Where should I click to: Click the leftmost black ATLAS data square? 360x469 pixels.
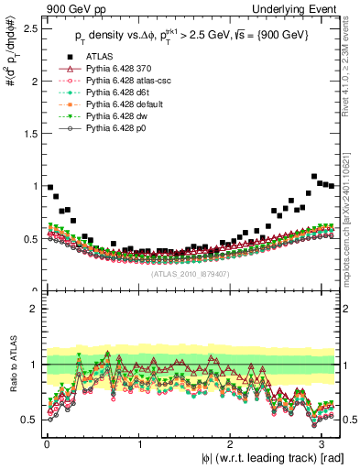coord(50,187)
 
